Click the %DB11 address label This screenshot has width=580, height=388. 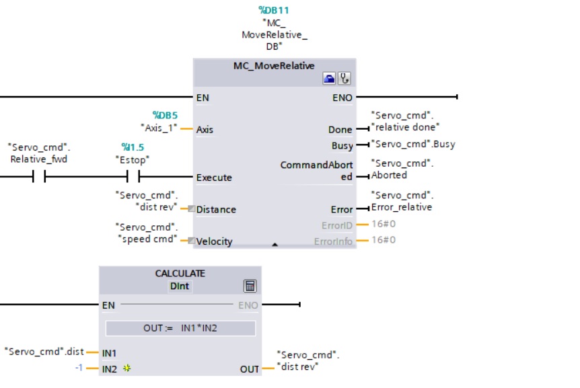(x=274, y=10)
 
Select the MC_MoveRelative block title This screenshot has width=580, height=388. (x=274, y=66)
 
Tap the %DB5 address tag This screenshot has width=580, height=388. (x=165, y=116)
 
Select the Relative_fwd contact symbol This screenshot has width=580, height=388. (x=39, y=177)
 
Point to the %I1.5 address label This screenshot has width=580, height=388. (x=133, y=147)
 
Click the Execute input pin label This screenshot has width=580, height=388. (x=214, y=178)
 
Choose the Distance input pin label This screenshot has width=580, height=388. (x=216, y=209)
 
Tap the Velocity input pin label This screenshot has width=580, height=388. (x=215, y=241)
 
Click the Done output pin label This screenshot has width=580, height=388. (x=340, y=129)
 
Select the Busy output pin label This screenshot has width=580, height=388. (x=342, y=145)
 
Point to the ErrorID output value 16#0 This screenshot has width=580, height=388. (x=384, y=225)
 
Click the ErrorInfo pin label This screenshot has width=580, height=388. (x=333, y=241)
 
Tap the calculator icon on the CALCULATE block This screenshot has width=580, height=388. (x=250, y=286)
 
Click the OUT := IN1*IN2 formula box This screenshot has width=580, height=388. (x=180, y=328)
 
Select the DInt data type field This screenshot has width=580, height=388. (x=180, y=286)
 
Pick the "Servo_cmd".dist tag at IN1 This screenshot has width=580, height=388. (x=44, y=351)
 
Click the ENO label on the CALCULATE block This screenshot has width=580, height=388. (x=248, y=305)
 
